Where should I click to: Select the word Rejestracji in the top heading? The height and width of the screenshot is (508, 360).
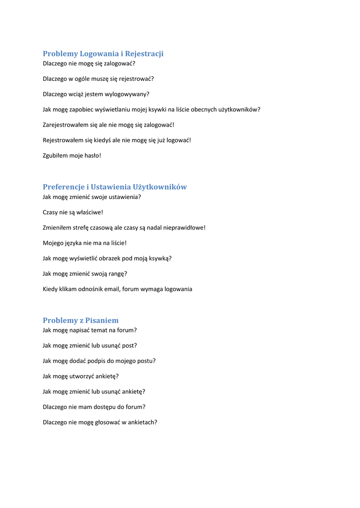tap(144, 54)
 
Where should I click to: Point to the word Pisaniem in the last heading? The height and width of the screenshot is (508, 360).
tap(102, 320)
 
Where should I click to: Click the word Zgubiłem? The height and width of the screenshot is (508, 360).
tap(55, 156)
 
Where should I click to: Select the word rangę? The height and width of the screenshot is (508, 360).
tap(117, 274)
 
